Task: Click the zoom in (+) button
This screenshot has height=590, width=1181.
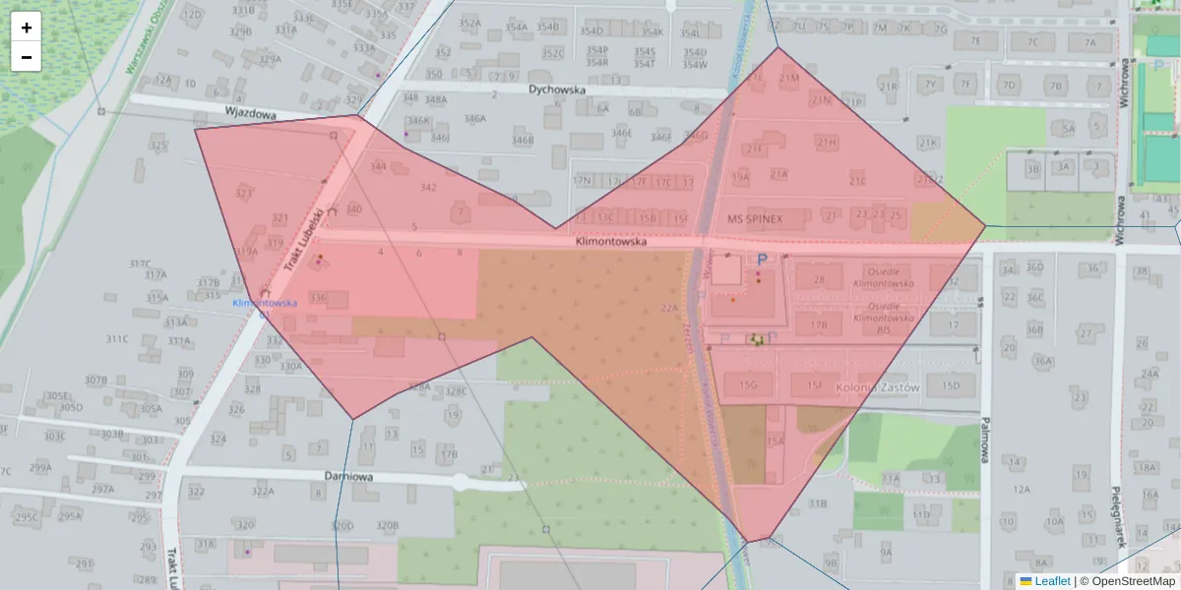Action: tap(27, 28)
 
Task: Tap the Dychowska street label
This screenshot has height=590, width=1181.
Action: tap(557, 89)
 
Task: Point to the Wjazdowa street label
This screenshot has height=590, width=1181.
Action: tap(249, 113)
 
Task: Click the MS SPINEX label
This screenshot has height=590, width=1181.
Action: tap(755, 217)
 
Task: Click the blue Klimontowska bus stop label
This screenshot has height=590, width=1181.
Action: tap(265, 303)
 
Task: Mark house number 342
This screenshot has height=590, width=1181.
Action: tap(428, 187)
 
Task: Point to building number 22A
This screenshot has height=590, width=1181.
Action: tap(670, 308)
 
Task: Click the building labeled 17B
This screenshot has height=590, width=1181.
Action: tap(819, 324)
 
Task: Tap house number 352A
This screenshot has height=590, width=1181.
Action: tap(470, 23)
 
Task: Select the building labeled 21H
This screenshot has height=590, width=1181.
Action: tap(826, 142)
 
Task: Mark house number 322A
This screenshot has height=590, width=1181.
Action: tap(262, 492)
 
